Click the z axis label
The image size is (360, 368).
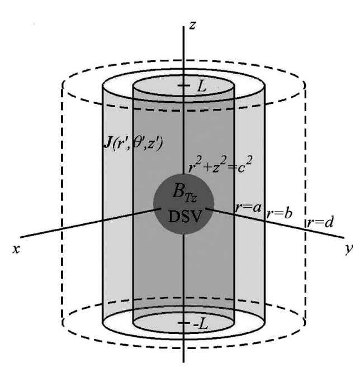pyautogui.click(x=192, y=25)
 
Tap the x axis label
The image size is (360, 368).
pyautogui.click(x=16, y=249)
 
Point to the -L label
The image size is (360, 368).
pyautogui.click(x=201, y=324)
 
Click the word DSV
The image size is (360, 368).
pyautogui.click(x=185, y=216)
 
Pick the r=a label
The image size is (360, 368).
pyautogui.click(x=248, y=207)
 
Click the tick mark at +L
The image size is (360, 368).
pyautogui.click(x=183, y=85)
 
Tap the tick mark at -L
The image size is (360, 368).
pyautogui.click(x=183, y=323)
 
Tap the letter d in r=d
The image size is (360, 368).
pyautogui.click(x=329, y=222)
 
